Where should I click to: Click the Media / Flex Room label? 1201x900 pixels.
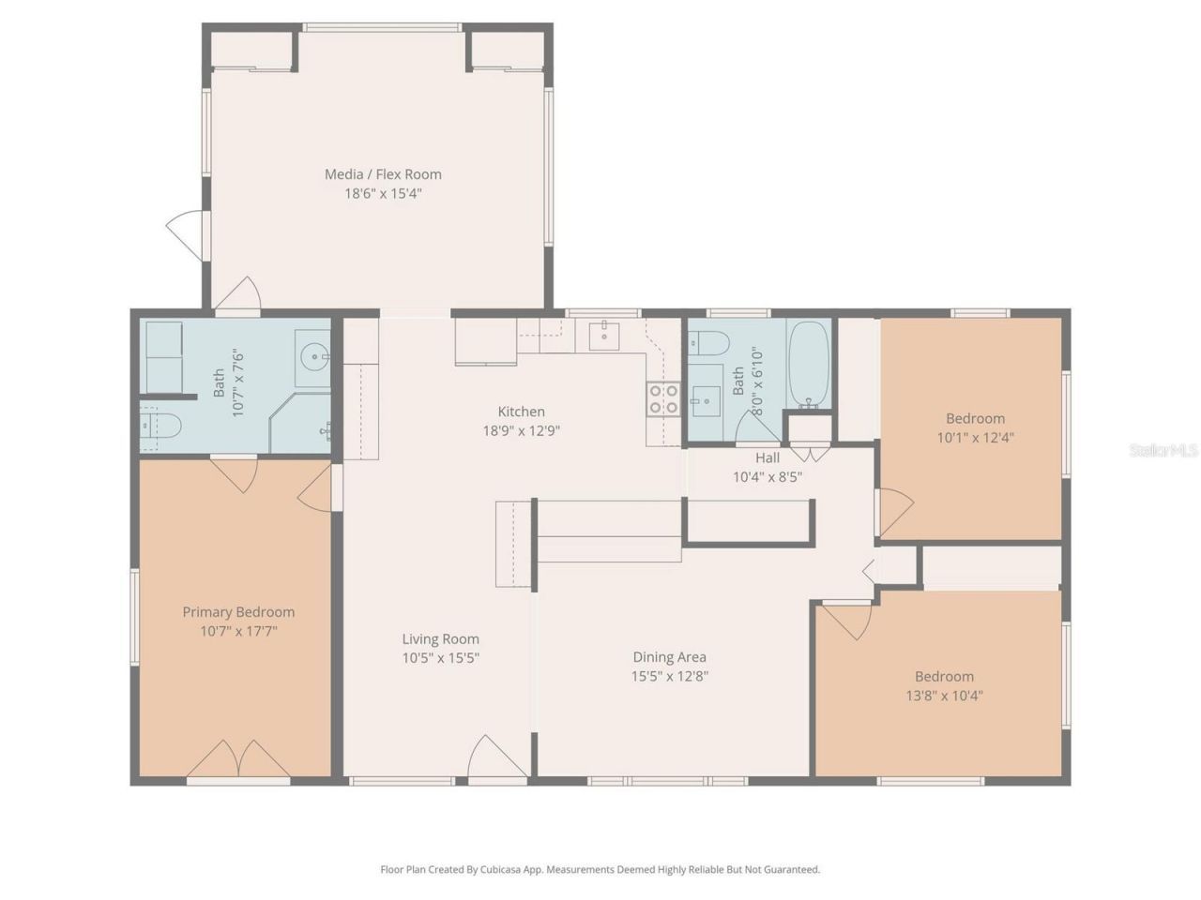tap(383, 173)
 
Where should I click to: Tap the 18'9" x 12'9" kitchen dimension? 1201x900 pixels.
tap(521, 431)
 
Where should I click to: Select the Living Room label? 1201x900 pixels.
tap(440, 638)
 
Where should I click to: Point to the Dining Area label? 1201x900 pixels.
tap(669, 657)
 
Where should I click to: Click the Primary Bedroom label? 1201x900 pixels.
tap(238, 612)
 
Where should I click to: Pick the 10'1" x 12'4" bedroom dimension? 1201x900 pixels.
tap(975, 438)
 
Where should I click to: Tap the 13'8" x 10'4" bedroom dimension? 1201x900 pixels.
tap(944, 696)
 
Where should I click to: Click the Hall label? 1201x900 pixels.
tap(768, 458)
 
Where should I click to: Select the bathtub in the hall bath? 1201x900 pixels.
tap(809, 366)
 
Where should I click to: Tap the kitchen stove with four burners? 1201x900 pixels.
tap(663, 399)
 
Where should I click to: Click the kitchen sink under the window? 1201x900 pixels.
tap(604, 334)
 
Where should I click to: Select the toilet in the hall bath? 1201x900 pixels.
tap(708, 343)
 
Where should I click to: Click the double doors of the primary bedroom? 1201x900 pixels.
tap(238, 759)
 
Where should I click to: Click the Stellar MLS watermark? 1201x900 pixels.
tap(1163, 451)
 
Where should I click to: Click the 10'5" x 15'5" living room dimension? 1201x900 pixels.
tap(440, 658)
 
